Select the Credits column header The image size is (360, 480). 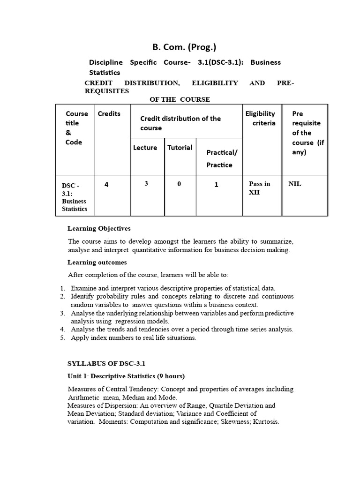click(x=109, y=114)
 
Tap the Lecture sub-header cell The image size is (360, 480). click(x=145, y=148)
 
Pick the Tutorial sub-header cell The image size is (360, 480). click(x=180, y=148)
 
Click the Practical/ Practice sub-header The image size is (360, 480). click(x=219, y=158)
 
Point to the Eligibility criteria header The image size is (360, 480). click(x=260, y=118)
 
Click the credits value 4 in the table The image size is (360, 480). click(x=106, y=185)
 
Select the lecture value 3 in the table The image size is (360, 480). click(x=146, y=184)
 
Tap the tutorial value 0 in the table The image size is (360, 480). click(x=179, y=184)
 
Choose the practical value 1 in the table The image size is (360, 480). click(x=216, y=185)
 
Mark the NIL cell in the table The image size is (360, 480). click(x=295, y=184)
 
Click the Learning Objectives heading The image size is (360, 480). click(x=99, y=228)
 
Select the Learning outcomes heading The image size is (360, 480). click(x=97, y=262)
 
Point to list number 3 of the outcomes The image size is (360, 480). click(x=62, y=313)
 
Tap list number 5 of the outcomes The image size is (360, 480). click(x=62, y=337)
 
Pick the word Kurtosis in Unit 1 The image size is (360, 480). click(x=264, y=421)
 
